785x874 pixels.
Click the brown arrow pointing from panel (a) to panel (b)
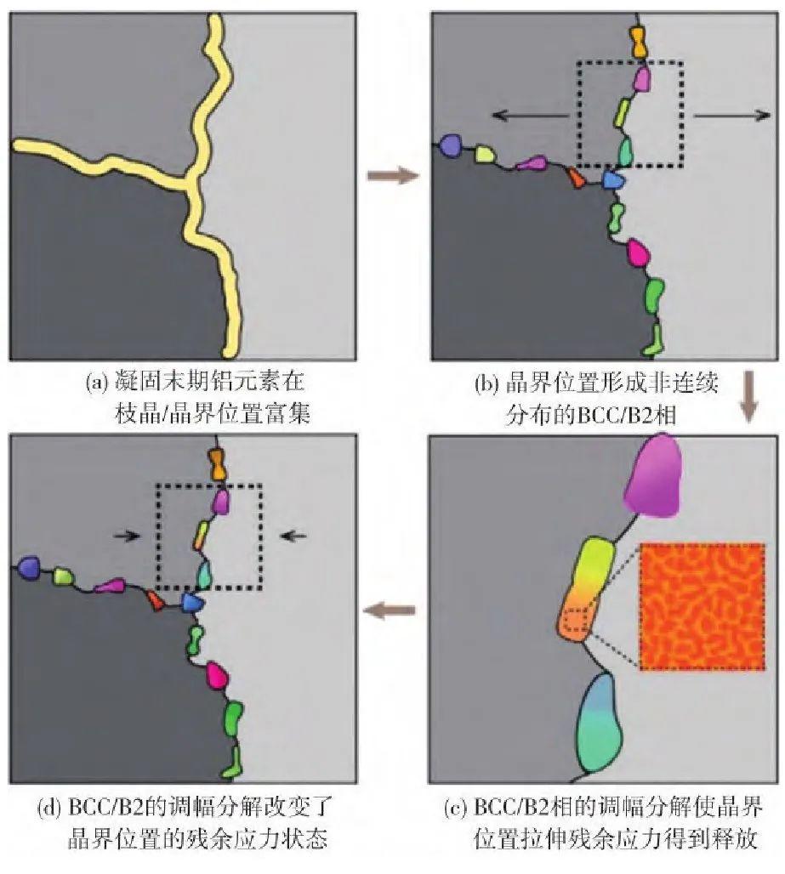point(393,176)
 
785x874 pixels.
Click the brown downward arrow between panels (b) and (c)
point(748,396)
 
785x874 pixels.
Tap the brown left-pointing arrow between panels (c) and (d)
point(390,610)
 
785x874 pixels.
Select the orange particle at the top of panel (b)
point(639,43)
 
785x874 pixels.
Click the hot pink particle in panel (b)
point(638,253)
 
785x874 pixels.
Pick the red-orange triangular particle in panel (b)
point(576,178)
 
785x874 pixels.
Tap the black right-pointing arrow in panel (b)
point(731,116)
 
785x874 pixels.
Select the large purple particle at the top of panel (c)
point(653,475)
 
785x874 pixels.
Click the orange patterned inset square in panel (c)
point(702,606)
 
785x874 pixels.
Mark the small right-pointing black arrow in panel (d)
point(126,536)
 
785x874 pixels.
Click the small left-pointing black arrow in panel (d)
point(293,536)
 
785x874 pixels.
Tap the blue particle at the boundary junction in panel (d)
point(192,603)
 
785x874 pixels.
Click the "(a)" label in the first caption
point(96,383)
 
